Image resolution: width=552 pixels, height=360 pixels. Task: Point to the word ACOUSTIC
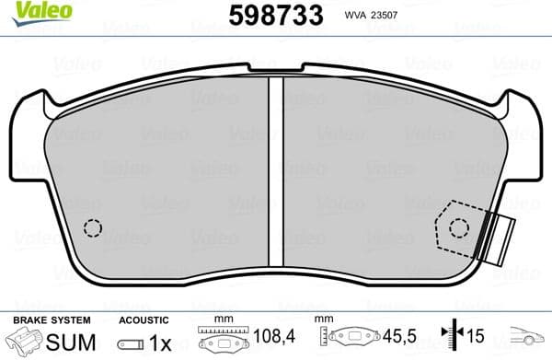[144, 319]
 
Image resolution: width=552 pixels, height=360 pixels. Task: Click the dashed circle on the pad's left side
[92, 228]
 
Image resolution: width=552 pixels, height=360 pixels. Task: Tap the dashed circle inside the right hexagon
[456, 227]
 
